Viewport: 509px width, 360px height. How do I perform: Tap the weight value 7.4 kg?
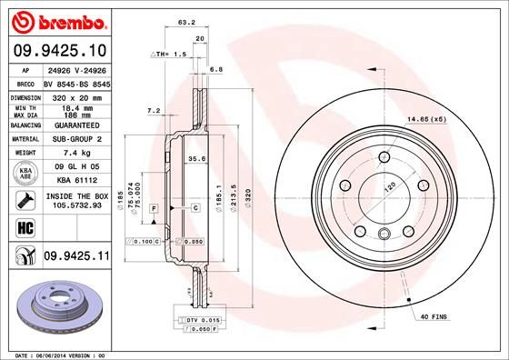click(x=75, y=153)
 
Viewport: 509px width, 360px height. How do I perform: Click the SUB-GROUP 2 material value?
click(x=75, y=139)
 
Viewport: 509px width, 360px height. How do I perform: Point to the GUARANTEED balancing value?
click(x=75, y=126)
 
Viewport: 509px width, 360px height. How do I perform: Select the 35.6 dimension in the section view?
click(x=194, y=158)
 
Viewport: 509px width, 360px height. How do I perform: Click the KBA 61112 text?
click(x=75, y=181)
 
